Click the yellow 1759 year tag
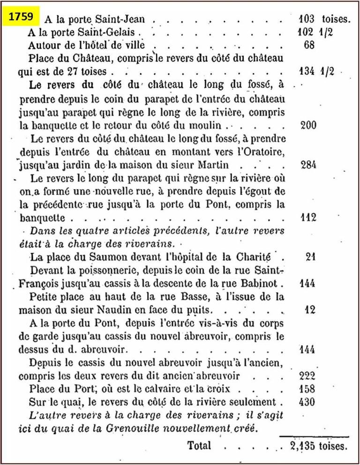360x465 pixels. tap(22, 17)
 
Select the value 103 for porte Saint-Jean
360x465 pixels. tap(308, 20)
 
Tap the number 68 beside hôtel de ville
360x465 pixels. tap(309, 46)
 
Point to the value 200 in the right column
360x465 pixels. tap(308, 125)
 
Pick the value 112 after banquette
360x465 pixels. tap(308, 217)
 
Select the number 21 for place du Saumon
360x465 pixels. tap(310, 257)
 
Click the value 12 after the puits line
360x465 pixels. tap(310, 310)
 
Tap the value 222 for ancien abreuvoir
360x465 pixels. tap(308, 376)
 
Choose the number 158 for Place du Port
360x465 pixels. tap(308, 389)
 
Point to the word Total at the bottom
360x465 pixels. tap(200, 446)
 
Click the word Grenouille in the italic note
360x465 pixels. tap(141, 428)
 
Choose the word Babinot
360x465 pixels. tap(266, 283)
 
